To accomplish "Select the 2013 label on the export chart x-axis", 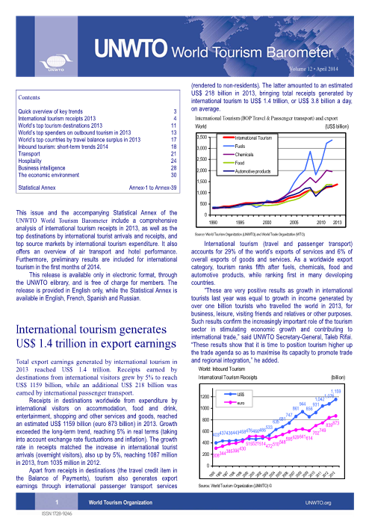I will [x=337, y=223].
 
